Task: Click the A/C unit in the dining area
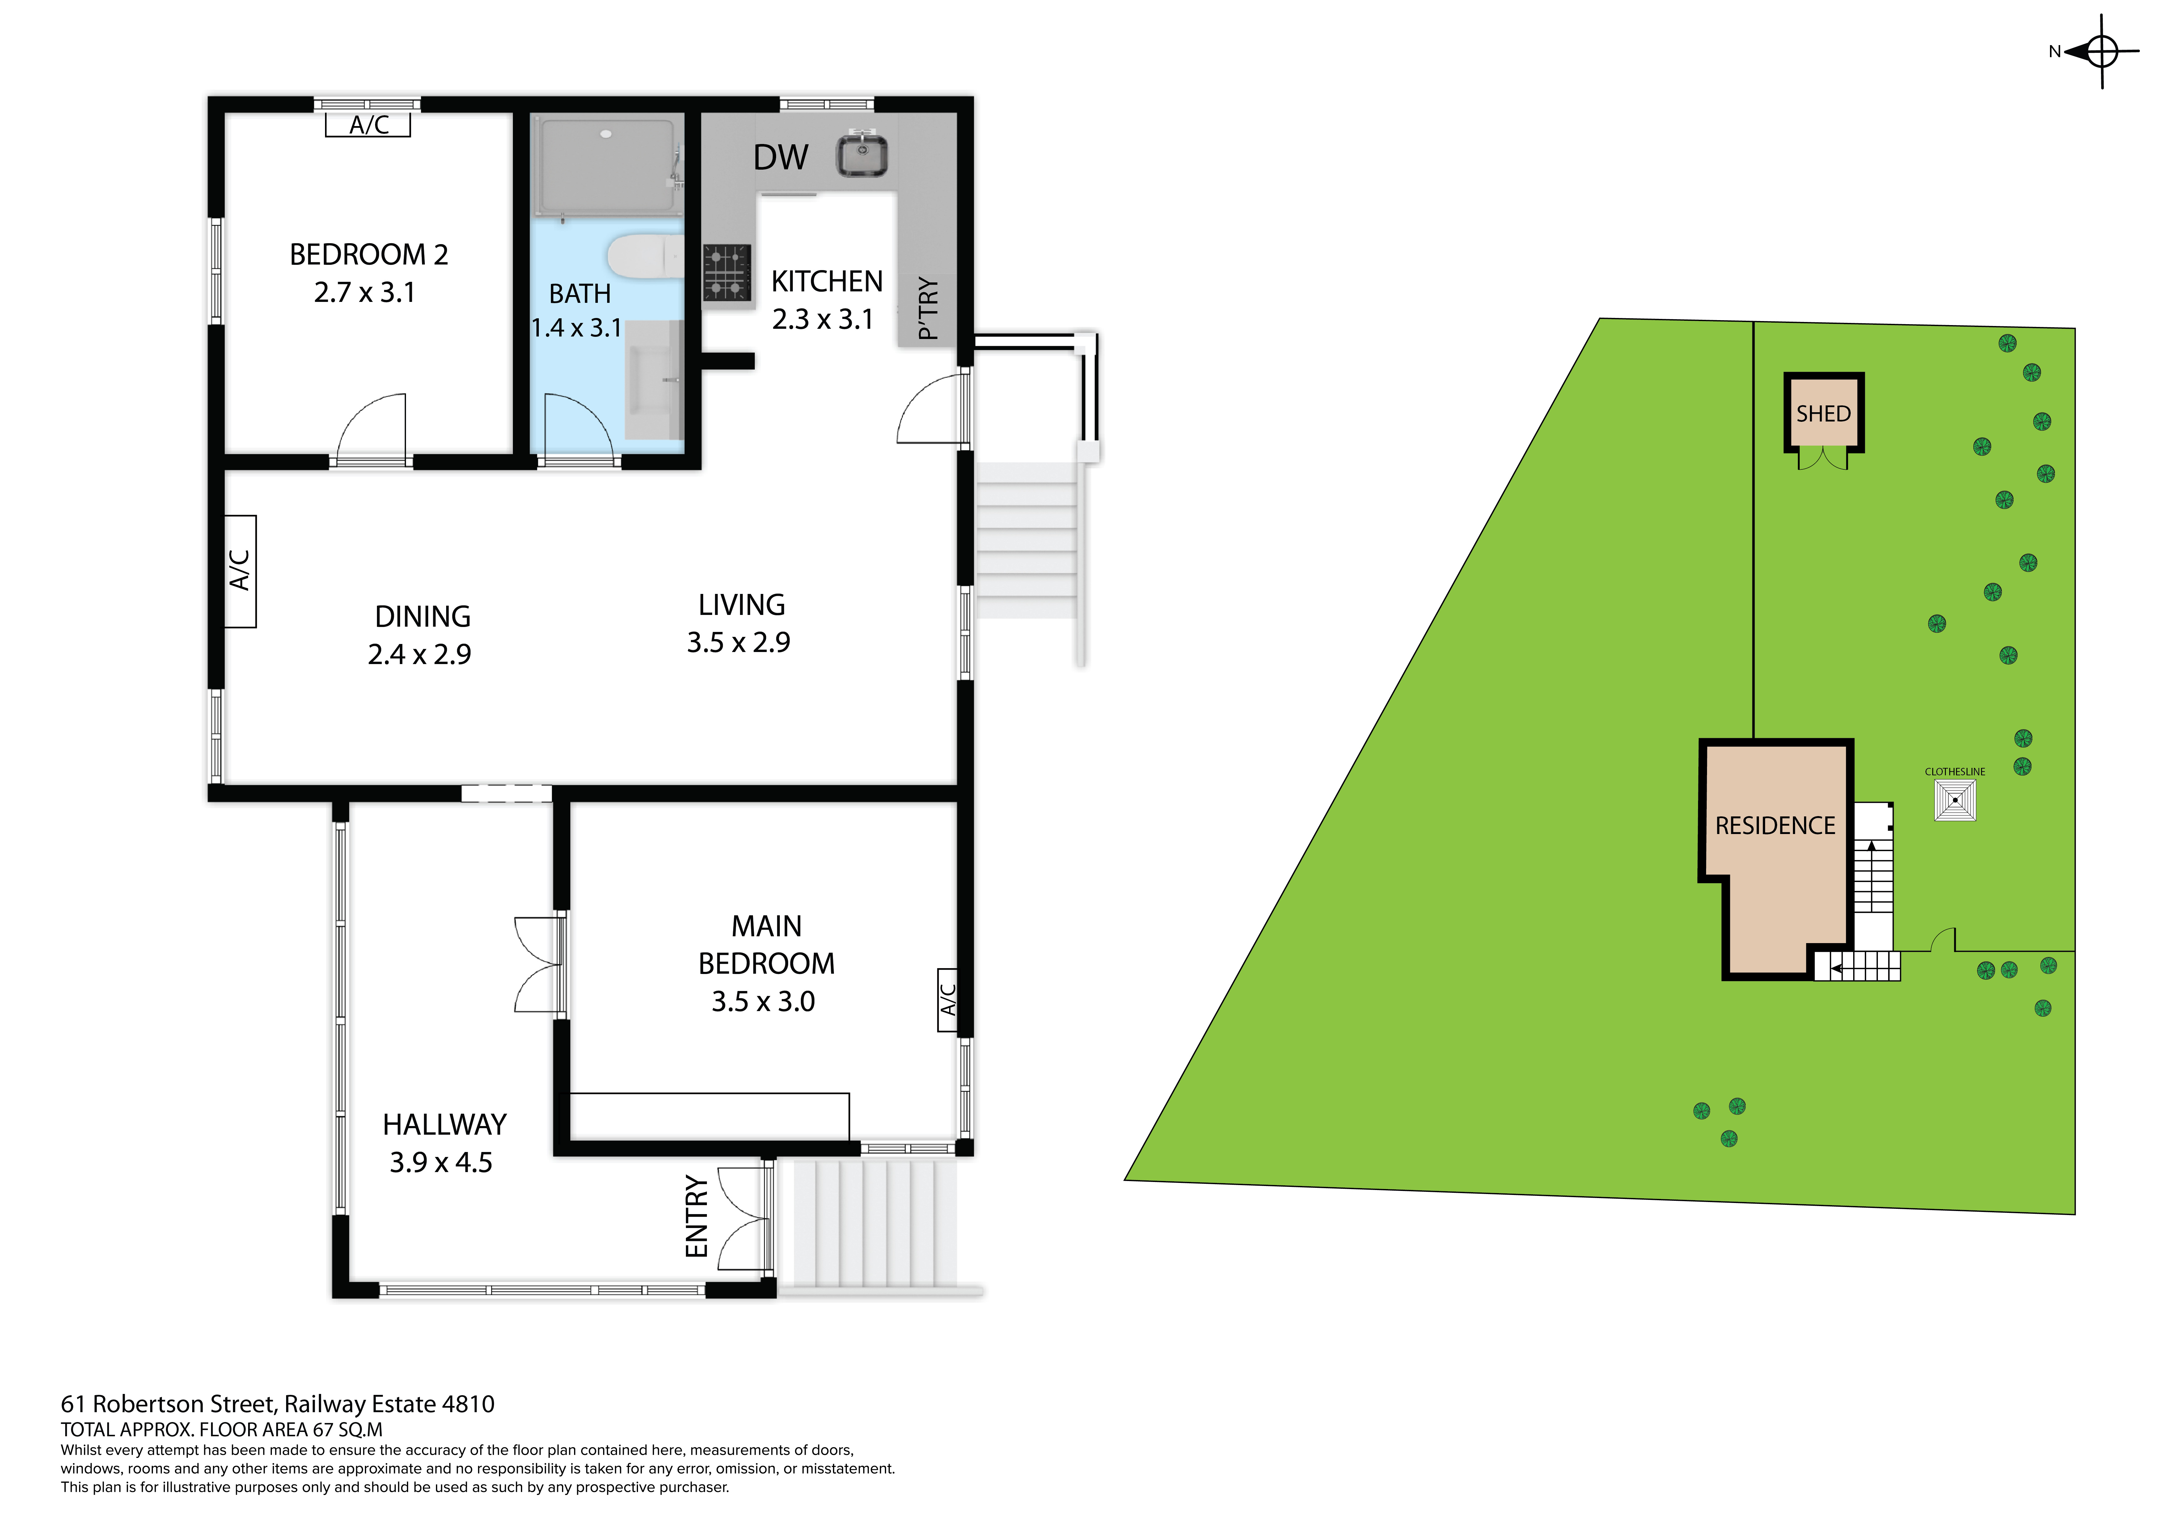[x=240, y=571]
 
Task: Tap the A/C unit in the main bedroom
[x=948, y=999]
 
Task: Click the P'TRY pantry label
[x=928, y=308]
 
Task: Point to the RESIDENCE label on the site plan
[x=1775, y=826]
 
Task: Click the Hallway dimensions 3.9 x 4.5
[x=441, y=1163]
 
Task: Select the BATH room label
[x=580, y=294]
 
